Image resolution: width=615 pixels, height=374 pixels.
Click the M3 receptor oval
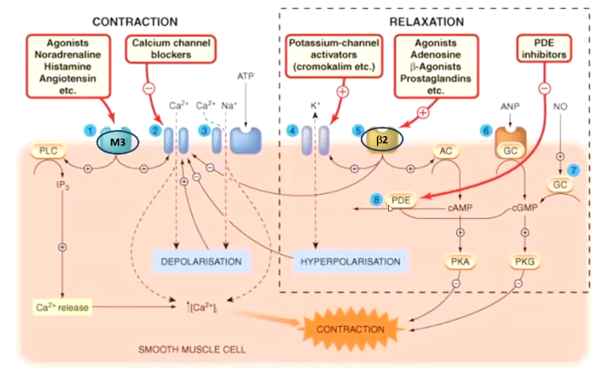pyautogui.click(x=118, y=143)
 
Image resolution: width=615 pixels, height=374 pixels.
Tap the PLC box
pyautogui.click(x=48, y=150)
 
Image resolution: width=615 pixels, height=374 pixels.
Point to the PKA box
pyautogui.click(x=460, y=261)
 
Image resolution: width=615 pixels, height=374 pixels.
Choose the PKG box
pyautogui.click(x=525, y=261)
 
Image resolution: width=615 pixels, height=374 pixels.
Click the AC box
pyautogui.click(x=446, y=151)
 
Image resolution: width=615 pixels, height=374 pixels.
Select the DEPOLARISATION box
pyautogui.click(x=201, y=261)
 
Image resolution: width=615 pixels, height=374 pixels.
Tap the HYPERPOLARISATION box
pyautogui.click(x=350, y=261)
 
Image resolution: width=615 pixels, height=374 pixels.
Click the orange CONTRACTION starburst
pyautogui.click(x=350, y=329)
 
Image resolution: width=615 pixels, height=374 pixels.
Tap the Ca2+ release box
pyautogui.click(x=62, y=307)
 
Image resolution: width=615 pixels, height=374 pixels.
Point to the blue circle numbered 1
pyautogui.click(x=89, y=130)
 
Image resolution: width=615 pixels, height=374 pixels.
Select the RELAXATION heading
pyautogui.click(x=427, y=22)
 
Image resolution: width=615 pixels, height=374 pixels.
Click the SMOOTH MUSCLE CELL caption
pyautogui.click(x=191, y=349)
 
